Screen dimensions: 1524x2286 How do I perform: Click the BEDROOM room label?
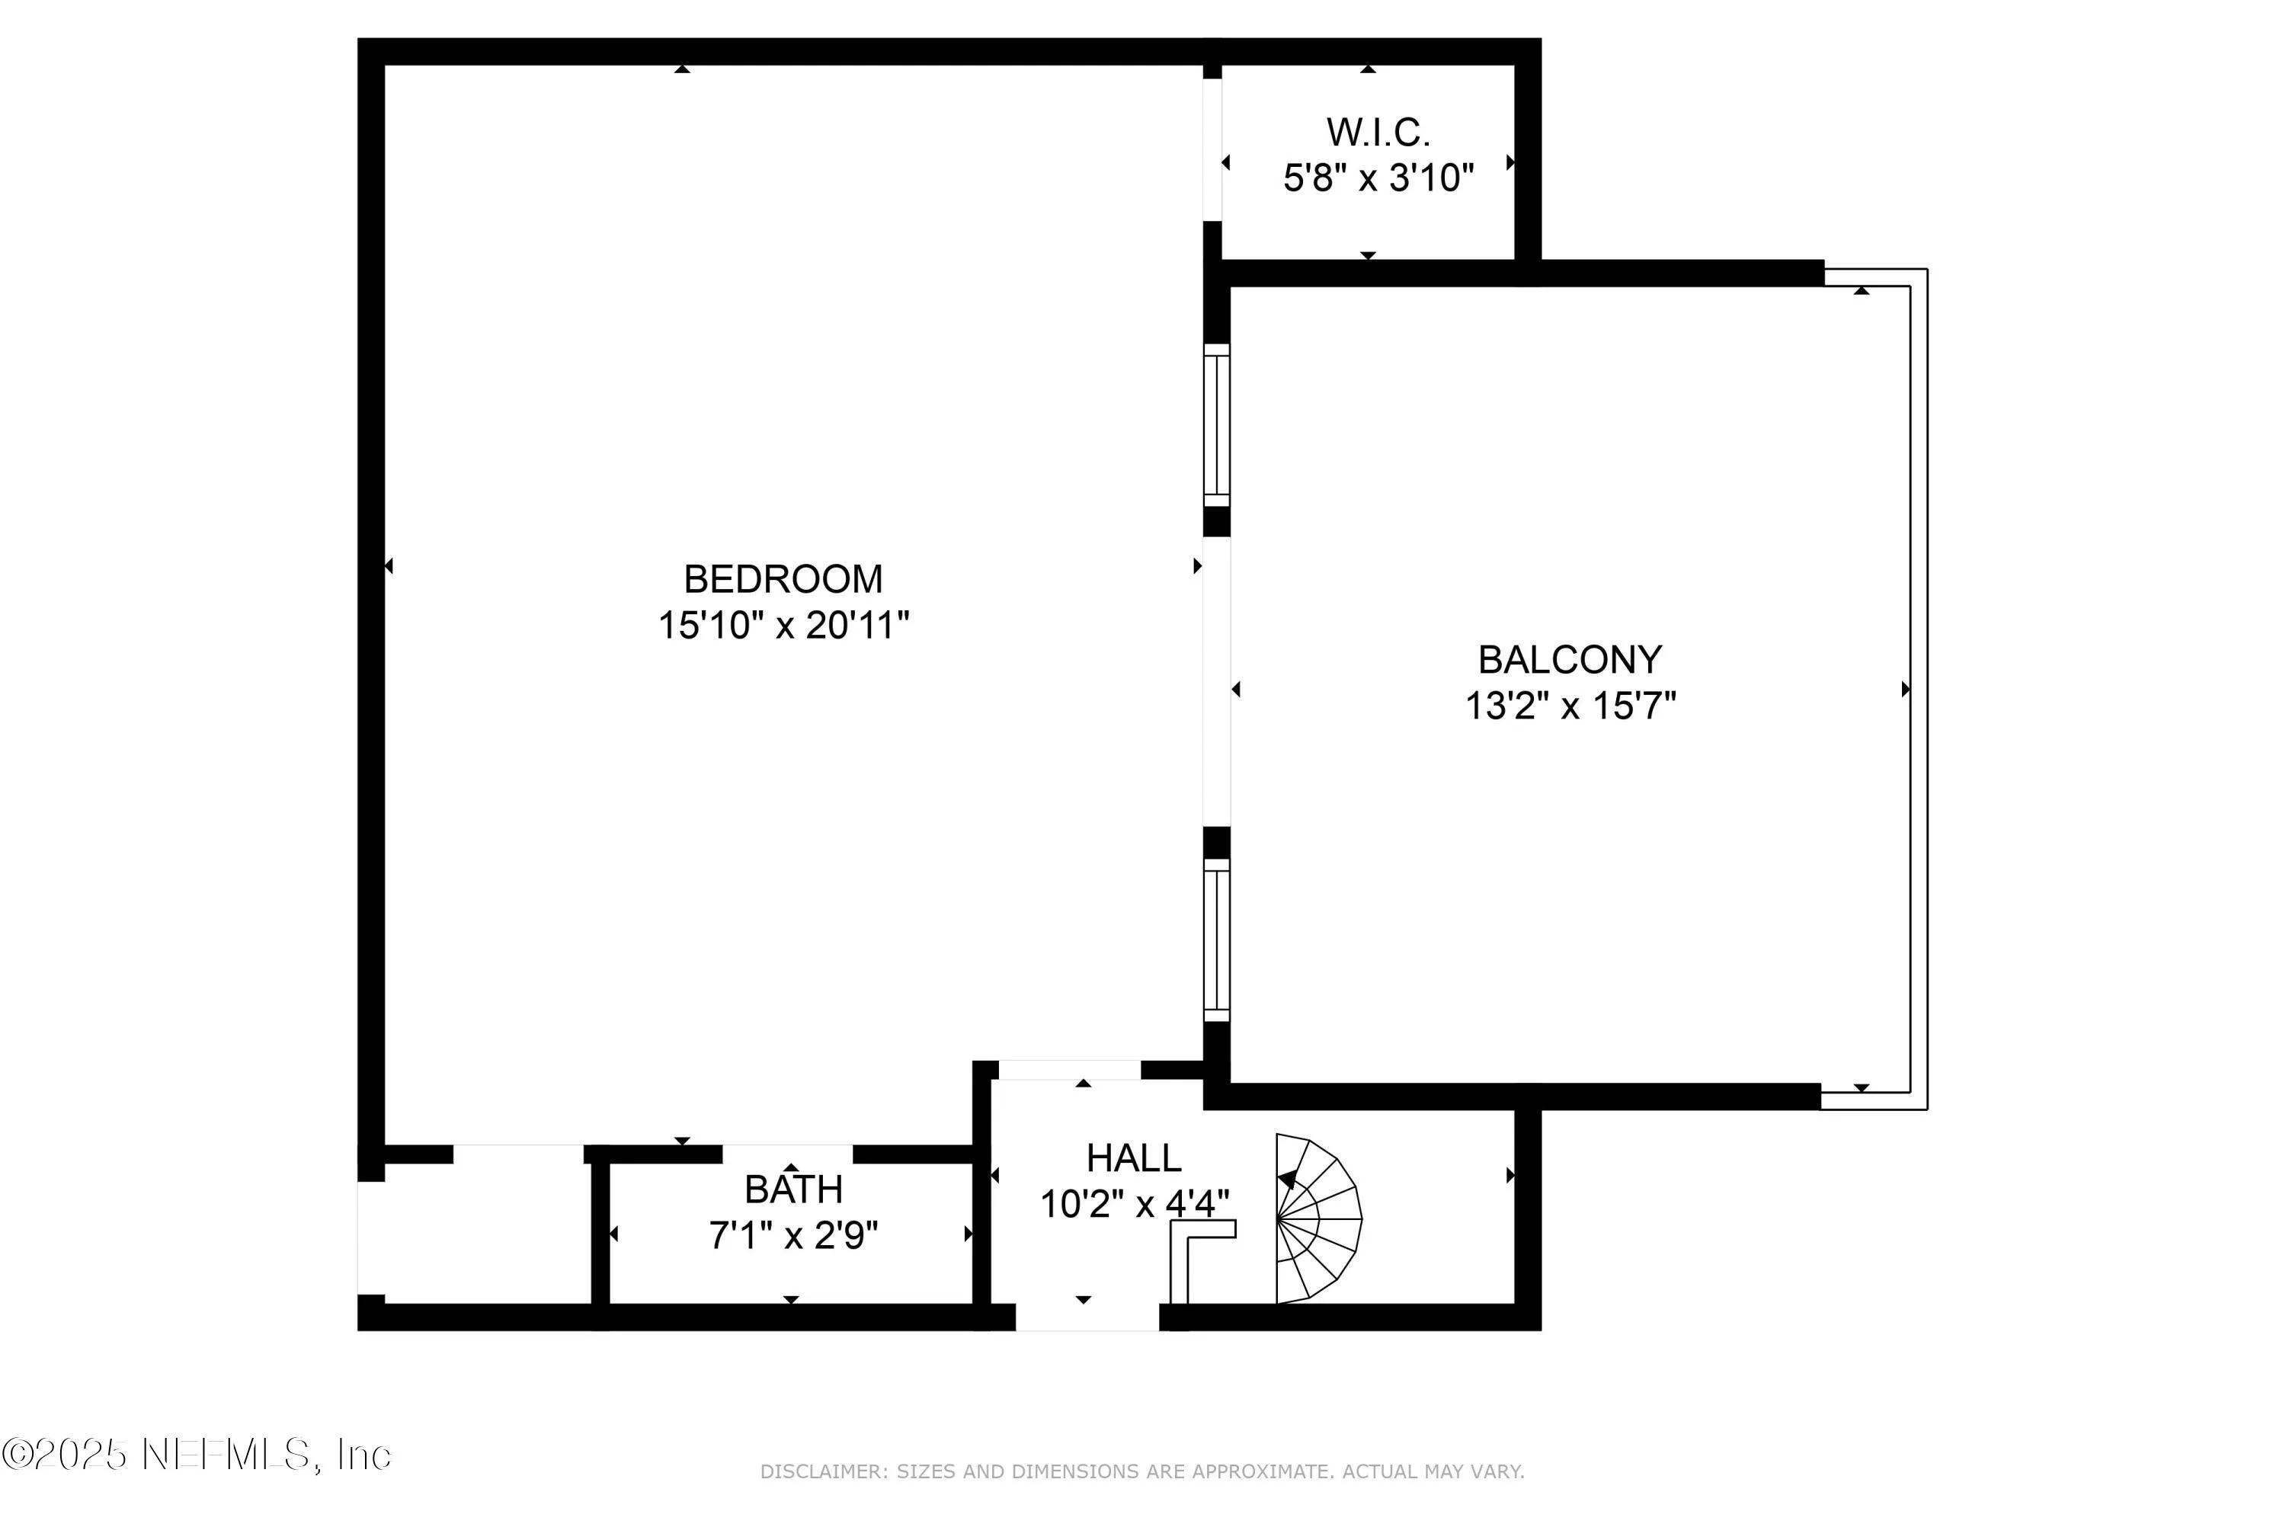tap(783, 579)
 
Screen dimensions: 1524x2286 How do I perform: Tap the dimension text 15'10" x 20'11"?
tap(783, 625)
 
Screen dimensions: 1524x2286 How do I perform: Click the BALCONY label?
tap(1570, 660)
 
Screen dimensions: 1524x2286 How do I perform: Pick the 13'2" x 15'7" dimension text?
tap(1570, 706)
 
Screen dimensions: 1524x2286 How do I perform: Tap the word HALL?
tap(1133, 1158)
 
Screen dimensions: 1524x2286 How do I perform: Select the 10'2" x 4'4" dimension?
tap(1133, 1204)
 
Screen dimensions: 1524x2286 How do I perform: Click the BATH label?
tap(793, 1189)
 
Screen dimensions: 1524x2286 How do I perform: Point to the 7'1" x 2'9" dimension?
tap(793, 1235)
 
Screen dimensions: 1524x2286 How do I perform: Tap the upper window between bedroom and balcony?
tap(1216, 424)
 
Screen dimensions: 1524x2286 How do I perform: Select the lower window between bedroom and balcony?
tap(1216, 940)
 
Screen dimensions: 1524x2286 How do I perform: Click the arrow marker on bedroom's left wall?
tap(389, 565)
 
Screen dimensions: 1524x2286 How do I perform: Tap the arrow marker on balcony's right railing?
tap(1905, 689)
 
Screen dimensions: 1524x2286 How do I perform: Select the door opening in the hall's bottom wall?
tap(1087, 1317)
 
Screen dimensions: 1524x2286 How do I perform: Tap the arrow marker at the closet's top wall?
tap(1368, 69)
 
